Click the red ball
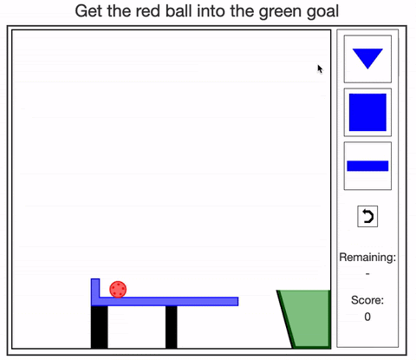118,289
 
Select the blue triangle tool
367,58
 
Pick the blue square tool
367,112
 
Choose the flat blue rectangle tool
367,166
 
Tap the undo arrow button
367,216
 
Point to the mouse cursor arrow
320,69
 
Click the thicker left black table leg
99,327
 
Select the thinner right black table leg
172,327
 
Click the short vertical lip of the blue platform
95,288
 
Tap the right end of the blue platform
238,301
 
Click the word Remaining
367,257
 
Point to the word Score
367,300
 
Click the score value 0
367,317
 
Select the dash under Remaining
367,273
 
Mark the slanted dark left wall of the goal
285,319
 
